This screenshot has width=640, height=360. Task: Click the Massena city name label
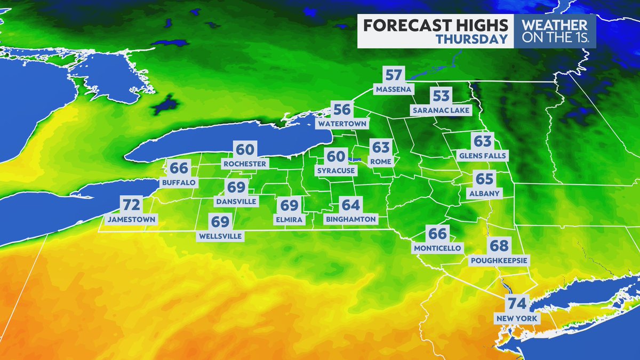(393, 89)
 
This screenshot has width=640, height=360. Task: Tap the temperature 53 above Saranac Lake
(441, 97)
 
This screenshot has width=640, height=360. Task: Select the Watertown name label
(342, 124)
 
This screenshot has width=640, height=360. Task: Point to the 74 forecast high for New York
(517, 305)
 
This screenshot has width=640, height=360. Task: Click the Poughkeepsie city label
(499, 260)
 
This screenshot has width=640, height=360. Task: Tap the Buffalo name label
(179, 182)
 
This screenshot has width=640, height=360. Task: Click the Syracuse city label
(335, 171)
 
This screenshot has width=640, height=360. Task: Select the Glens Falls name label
(483, 156)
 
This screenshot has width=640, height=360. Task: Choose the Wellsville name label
(220, 235)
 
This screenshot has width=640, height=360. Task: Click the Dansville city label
(236, 202)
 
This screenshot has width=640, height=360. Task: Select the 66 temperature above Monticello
(437, 234)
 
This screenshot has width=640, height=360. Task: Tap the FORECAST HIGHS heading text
(435, 25)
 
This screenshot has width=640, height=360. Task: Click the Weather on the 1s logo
(554, 31)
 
